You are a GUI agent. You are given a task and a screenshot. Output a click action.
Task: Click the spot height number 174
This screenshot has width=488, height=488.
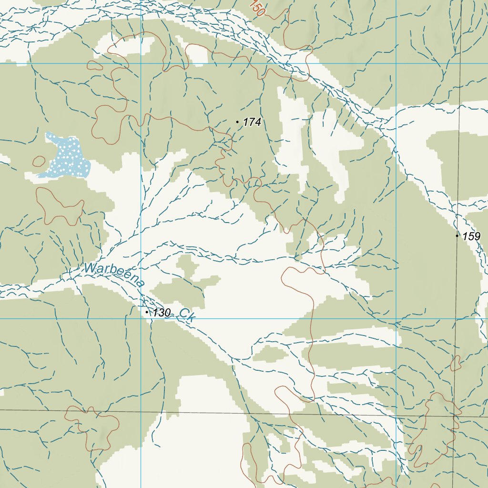[252, 122]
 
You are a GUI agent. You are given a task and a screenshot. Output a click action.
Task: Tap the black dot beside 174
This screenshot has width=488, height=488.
[237, 122]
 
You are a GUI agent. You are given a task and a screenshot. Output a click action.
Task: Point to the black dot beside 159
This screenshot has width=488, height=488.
[457, 235]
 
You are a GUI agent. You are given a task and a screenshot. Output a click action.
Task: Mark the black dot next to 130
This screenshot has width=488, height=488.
[147, 312]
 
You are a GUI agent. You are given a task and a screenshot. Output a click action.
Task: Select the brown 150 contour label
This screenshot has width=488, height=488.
[256, 8]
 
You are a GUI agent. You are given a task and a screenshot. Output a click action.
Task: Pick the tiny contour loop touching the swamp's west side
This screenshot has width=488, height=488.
[39, 162]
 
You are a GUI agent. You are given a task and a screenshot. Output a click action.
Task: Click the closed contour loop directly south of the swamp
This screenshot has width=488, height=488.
[60, 206]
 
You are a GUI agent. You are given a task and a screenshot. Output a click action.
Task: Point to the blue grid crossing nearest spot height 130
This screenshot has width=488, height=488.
[141, 318]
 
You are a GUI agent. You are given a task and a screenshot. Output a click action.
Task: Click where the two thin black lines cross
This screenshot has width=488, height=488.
[454, 416]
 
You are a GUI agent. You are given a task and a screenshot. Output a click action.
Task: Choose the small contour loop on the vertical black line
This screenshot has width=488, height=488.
[456, 363]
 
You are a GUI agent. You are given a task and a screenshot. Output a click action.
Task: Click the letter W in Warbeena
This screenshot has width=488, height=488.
[89, 268]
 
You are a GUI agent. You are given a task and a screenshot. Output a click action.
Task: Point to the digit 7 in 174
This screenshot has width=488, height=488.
[252, 122]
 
